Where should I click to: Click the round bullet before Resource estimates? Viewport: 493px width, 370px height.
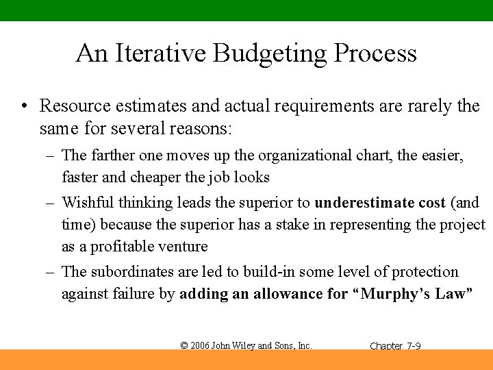tap(24, 106)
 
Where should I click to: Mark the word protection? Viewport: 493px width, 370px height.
tap(425, 272)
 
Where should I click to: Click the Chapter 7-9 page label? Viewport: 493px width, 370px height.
tap(395, 346)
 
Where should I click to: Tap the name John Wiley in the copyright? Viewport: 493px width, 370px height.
tap(237, 345)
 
